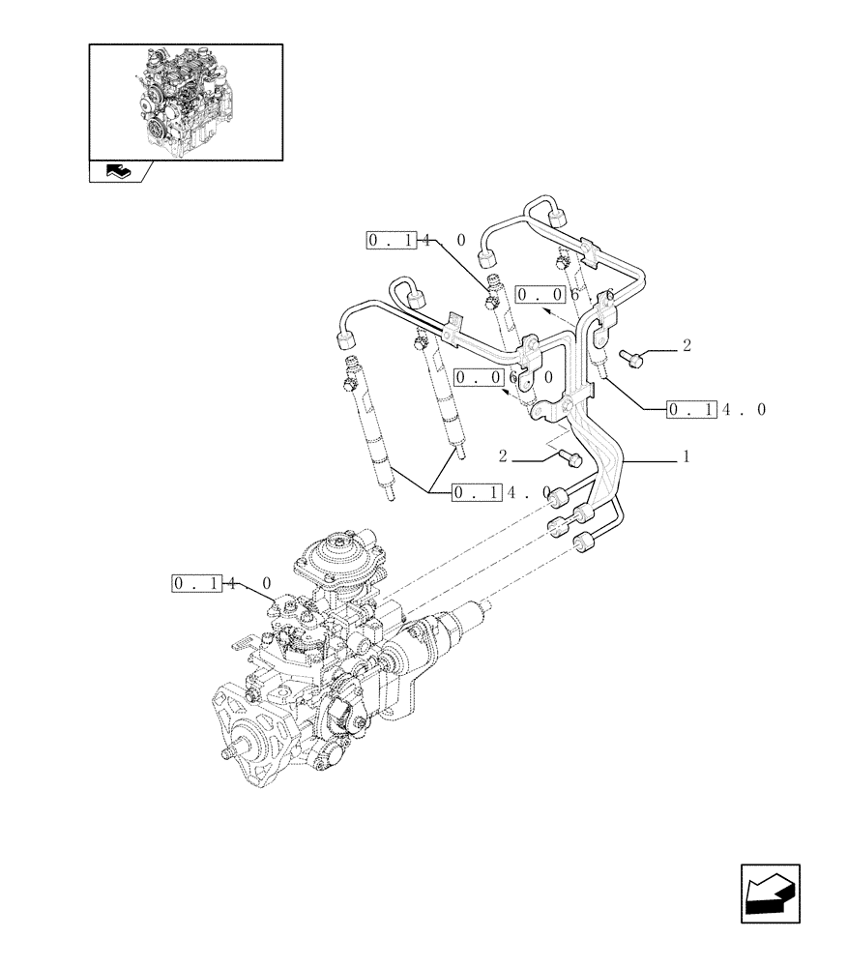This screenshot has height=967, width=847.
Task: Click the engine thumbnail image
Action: (186, 101)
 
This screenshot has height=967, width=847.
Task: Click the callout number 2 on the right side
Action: (686, 345)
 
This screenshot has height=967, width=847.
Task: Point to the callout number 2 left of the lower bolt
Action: (504, 454)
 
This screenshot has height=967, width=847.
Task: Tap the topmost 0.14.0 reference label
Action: (416, 240)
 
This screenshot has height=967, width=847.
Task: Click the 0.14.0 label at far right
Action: (716, 410)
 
